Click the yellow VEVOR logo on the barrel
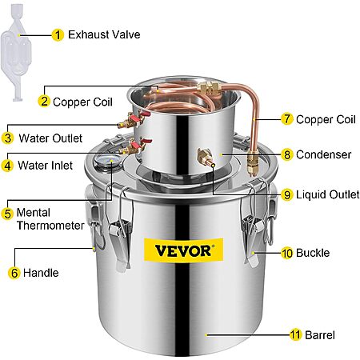(x=183, y=250)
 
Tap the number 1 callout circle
(x=58, y=35)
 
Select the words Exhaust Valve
(x=104, y=34)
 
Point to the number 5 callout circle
(x=7, y=214)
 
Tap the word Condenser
(x=323, y=154)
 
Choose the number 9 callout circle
(x=287, y=195)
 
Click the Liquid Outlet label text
(x=328, y=194)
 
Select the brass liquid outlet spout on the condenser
(x=206, y=158)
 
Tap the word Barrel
(x=320, y=335)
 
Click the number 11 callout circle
(x=295, y=335)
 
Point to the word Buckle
(x=313, y=253)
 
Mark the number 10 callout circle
(x=287, y=253)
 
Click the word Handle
(x=41, y=273)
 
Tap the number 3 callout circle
(x=8, y=138)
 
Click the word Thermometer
(x=50, y=226)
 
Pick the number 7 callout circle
(x=287, y=119)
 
